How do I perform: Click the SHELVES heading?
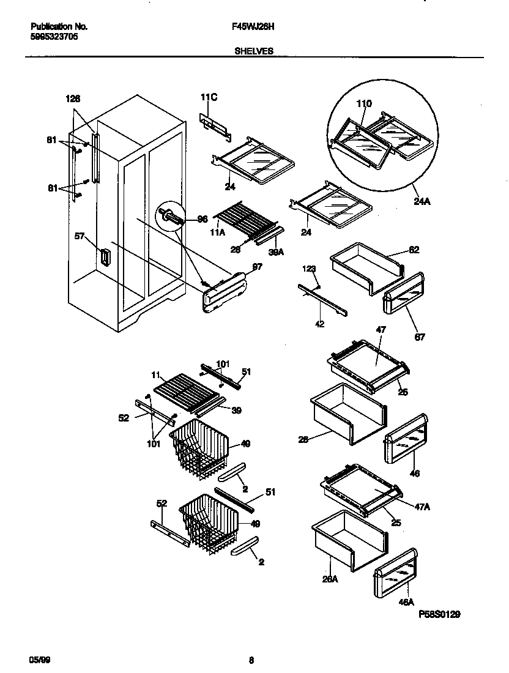[253, 51]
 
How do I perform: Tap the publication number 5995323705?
[54, 36]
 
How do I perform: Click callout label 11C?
[209, 97]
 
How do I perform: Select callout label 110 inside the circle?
[364, 105]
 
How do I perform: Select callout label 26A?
[330, 579]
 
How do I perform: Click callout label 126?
[72, 99]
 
